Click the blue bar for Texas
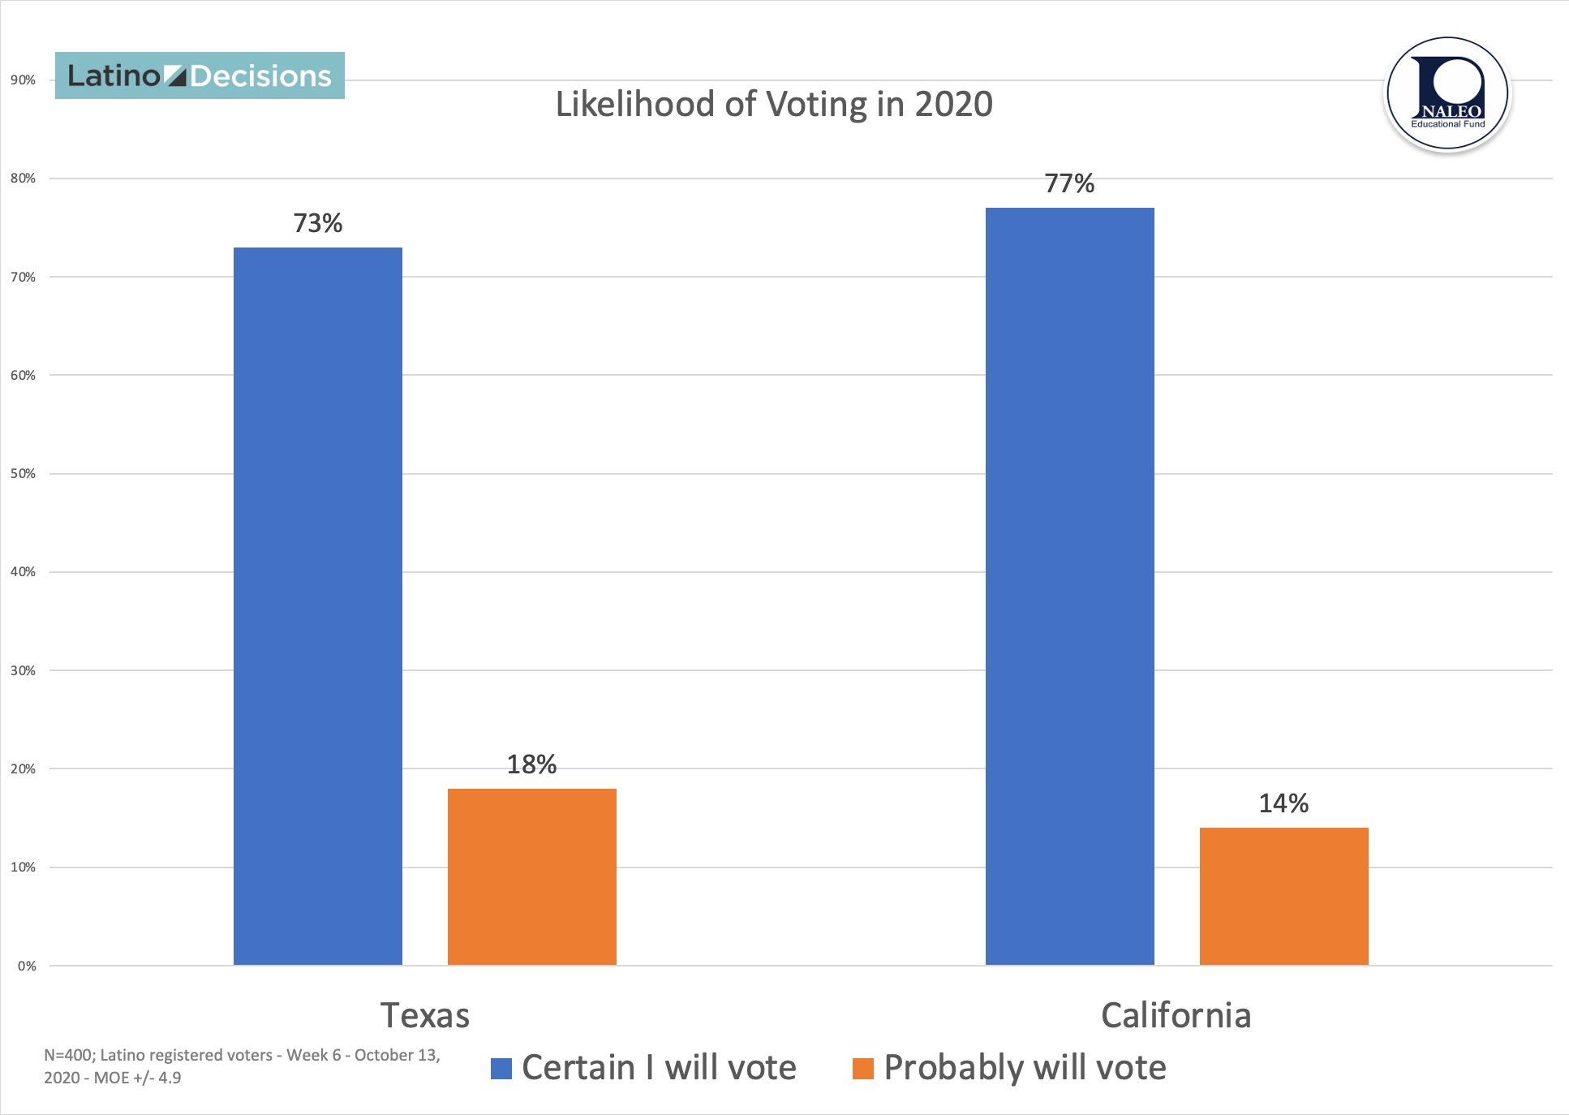pyautogui.click(x=318, y=605)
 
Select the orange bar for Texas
pyautogui.click(x=531, y=876)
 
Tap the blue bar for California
pyautogui.click(x=1069, y=586)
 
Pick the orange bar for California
pyautogui.click(x=1283, y=896)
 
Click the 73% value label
pyautogui.click(x=318, y=223)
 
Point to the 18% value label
pyautogui.click(x=531, y=764)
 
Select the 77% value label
pyautogui.click(x=1069, y=184)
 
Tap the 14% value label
pyautogui.click(x=1283, y=803)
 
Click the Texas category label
pyautogui.click(x=425, y=1015)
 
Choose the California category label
pyautogui.click(x=1176, y=1015)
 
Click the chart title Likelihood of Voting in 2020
pyautogui.click(x=774, y=105)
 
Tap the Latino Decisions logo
pyautogui.click(x=200, y=75)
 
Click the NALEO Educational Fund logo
pyautogui.click(x=1447, y=93)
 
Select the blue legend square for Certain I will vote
pyautogui.click(x=501, y=1069)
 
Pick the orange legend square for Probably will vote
pyautogui.click(x=863, y=1069)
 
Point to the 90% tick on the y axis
pyautogui.click(x=23, y=80)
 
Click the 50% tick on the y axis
pyautogui.click(x=23, y=474)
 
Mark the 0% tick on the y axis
pyautogui.click(x=27, y=966)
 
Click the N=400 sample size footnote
pyautogui.click(x=242, y=1066)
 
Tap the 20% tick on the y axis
pyautogui.click(x=23, y=769)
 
